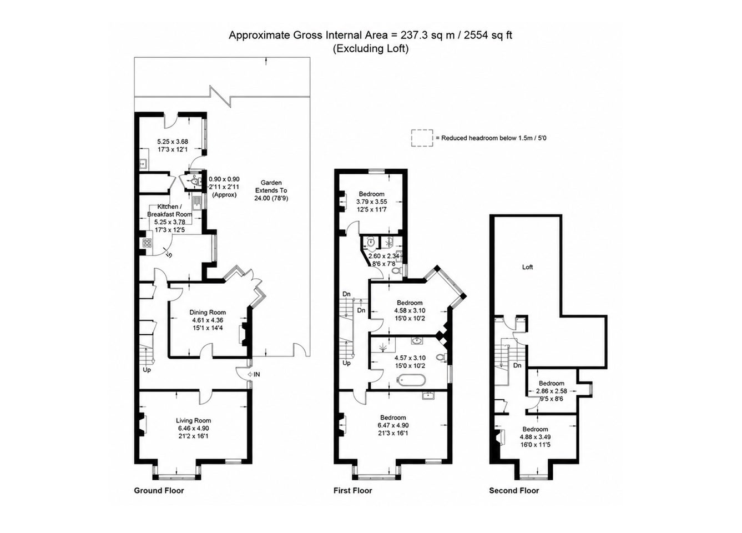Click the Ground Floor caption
159,490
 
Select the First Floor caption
353,490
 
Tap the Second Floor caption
514,490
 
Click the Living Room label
194,420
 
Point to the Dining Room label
208,312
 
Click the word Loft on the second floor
527,267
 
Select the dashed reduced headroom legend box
422,138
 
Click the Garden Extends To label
271,187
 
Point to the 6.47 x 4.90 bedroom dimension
393,425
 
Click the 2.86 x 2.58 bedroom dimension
552,391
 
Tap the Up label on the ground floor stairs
147,370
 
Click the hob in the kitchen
147,243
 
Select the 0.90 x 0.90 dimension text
224,179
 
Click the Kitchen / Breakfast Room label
170,210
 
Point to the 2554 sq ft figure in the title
488,35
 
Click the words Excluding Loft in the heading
371,49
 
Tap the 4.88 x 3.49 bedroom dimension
536,437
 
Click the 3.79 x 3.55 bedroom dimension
372,202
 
